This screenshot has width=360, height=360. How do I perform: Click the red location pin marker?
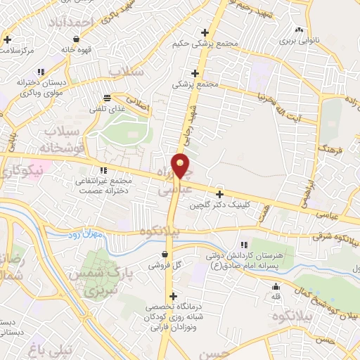[x=181, y=166]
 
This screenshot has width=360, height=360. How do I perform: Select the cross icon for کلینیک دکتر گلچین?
[x=220, y=194]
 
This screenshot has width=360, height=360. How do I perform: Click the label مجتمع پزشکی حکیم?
[x=205, y=44]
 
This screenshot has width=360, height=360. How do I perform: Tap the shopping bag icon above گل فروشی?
[x=165, y=255]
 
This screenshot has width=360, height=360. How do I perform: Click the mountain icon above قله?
[x=276, y=286]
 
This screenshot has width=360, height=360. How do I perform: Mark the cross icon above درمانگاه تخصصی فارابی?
[x=173, y=296]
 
